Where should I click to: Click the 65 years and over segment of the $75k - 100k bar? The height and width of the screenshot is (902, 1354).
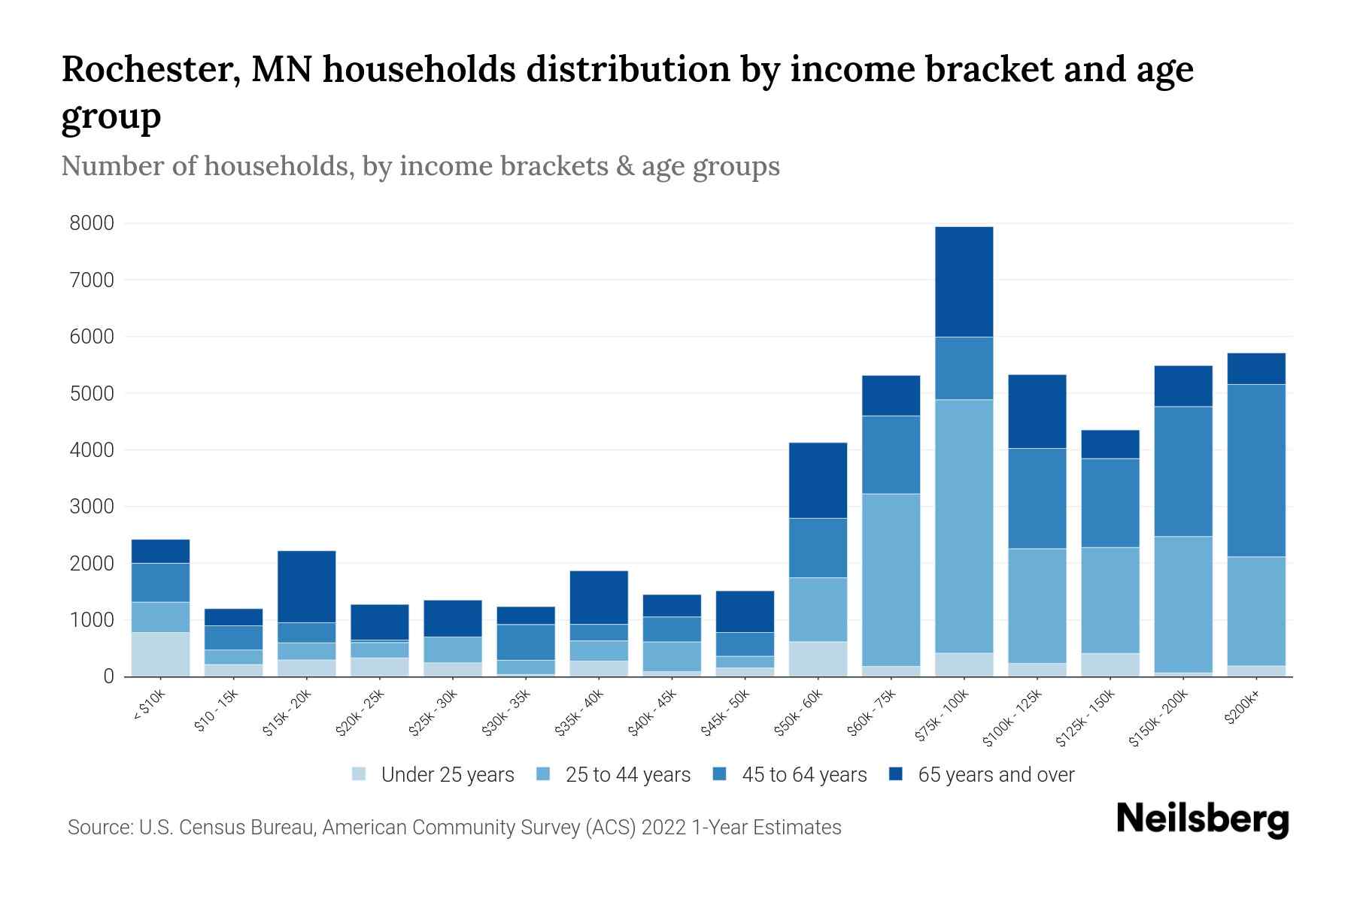coord(964,282)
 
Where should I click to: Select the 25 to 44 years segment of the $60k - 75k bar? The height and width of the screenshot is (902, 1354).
coord(891,580)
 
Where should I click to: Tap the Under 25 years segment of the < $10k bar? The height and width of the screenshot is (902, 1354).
coord(160,654)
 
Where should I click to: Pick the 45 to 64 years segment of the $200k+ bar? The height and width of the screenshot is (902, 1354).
coord(1256,471)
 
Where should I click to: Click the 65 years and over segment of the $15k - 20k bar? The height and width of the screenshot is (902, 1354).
coord(307,586)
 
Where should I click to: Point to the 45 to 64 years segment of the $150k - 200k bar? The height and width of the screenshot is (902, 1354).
coord(1183,471)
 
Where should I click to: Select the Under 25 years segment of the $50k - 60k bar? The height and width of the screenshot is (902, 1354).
coord(818,658)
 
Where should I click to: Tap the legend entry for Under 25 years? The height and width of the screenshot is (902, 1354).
coord(447,775)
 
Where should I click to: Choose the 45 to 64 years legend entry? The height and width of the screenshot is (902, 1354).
coord(803,775)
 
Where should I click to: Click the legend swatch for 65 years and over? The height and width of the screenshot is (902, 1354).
coord(896,774)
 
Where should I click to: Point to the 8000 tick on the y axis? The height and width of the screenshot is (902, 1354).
coord(92,223)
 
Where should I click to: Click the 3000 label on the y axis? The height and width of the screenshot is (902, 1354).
coord(92,507)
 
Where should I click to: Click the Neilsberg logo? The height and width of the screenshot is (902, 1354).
coord(1202,819)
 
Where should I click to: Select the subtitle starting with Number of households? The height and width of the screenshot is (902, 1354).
coord(420,166)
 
